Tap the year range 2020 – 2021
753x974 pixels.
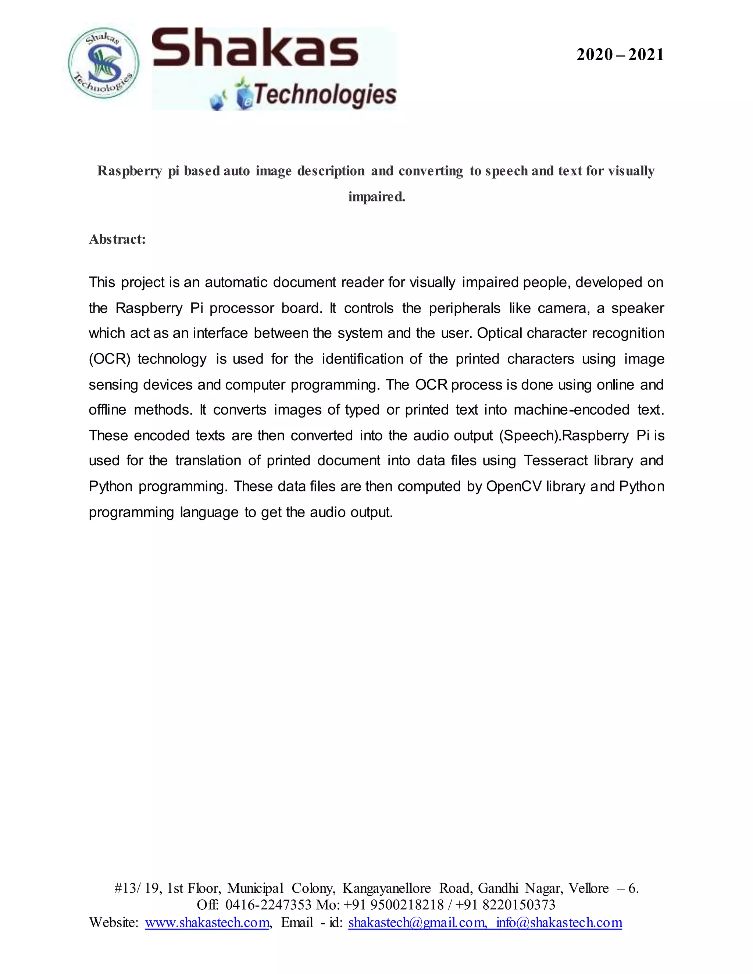[x=620, y=55]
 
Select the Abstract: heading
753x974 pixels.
[x=117, y=240]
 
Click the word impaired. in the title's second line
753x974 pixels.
[x=376, y=197]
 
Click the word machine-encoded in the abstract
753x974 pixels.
[x=571, y=410]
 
